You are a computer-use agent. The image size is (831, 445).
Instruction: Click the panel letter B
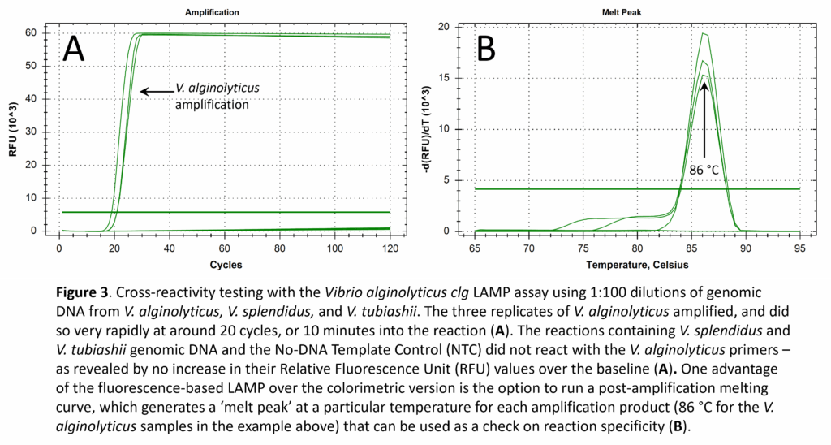485,50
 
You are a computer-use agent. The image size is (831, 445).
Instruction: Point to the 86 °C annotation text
704,171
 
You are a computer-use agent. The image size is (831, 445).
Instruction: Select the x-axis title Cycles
224,265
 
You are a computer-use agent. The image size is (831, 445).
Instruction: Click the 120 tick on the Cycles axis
390,247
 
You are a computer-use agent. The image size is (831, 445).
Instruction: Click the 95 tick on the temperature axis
799,247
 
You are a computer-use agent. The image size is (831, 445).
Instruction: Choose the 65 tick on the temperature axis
475,247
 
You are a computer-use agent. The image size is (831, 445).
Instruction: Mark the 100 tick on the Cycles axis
334,247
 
